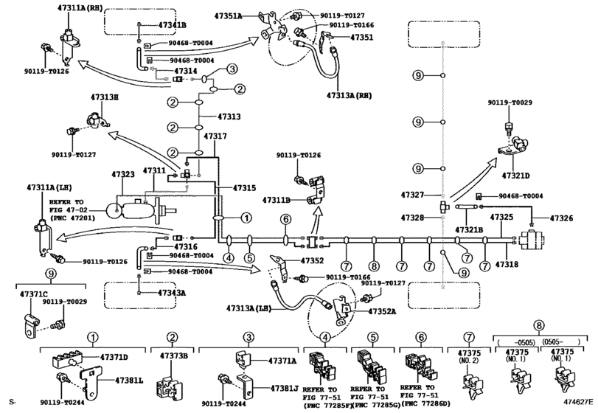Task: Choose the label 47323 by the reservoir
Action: [123, 175]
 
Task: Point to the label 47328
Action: [414, 218]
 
